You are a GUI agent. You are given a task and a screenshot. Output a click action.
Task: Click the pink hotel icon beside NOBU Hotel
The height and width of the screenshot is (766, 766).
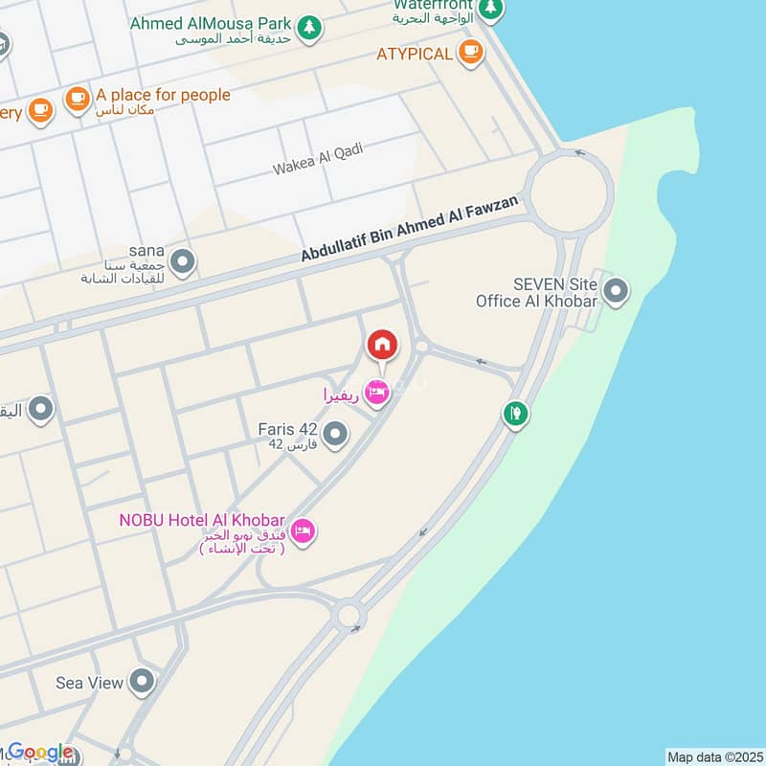pos(303,530)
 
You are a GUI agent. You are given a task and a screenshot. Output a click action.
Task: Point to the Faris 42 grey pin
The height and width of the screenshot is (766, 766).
pos(334,437)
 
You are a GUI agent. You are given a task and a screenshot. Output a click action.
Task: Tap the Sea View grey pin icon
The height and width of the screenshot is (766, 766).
pos(143,682)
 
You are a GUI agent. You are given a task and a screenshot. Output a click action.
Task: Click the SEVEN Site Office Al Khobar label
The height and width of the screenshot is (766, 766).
pos(537,292)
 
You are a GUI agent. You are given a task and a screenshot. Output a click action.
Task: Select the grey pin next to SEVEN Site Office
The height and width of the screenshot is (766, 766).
pos(616,289)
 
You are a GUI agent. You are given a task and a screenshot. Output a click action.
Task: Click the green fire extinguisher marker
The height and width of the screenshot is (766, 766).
pos(515,414)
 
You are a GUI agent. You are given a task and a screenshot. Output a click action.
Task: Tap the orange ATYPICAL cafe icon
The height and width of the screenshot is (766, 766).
pos(469,53)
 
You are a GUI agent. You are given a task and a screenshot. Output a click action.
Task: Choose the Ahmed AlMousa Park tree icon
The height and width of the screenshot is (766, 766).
pos(308,28)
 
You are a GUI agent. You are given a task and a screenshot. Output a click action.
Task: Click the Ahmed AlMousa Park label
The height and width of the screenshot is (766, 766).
pos(211,22)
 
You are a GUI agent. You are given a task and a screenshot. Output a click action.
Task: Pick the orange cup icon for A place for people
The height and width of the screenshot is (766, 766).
pos(77,97)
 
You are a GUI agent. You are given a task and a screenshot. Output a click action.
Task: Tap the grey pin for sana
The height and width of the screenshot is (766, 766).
pos(183,260)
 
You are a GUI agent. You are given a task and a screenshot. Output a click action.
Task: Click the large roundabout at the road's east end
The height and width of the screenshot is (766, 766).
pos(569,192)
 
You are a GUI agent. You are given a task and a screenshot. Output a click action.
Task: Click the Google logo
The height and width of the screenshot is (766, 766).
pos(40,753)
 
